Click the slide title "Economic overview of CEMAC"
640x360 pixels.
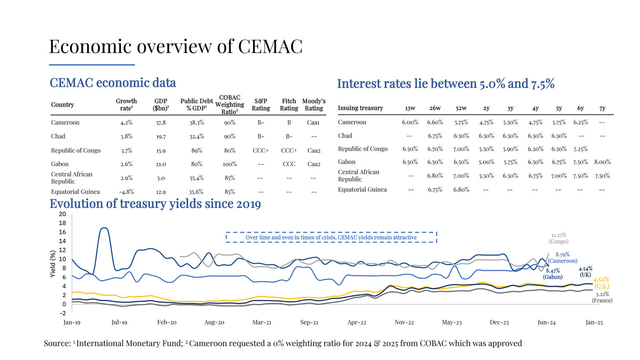coord(175,46)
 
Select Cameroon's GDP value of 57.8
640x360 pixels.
coord(161,122)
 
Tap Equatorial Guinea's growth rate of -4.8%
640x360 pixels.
coord(126,192)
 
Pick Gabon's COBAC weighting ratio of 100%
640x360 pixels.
coord(230,164)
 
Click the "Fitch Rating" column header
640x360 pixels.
coord(289,105)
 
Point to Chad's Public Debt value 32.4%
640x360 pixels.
coord(197,136)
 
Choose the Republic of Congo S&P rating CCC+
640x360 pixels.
coord(261,150)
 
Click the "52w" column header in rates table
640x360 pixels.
coord(461,108)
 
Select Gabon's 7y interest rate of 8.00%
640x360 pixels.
coord(602,162)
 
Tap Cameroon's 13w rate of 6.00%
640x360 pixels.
coord(410,122)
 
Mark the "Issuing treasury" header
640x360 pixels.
coord(360,108)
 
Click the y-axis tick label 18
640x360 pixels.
coord(62,223)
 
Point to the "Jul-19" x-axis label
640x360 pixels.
coord(119,322)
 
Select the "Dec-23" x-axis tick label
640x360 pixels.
coord(499,322)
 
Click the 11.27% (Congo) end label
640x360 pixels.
coord(559,238)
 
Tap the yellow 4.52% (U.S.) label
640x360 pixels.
coord(601,283)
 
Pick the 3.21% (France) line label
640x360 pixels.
coord(602,297)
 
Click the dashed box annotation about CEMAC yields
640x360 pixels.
coord(331,237)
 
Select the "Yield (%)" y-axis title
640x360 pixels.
coord(53,264)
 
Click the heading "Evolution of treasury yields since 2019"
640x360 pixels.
coord(155,204)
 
